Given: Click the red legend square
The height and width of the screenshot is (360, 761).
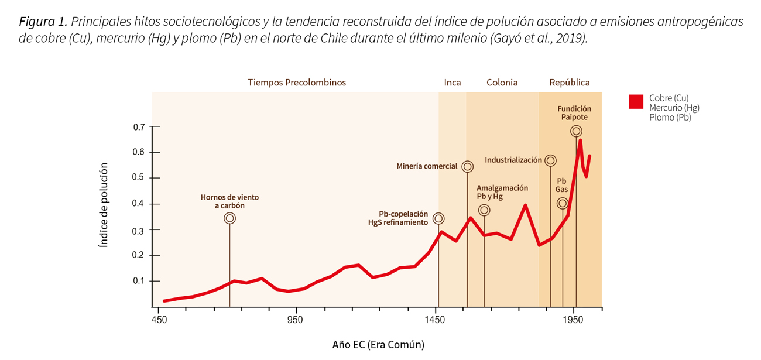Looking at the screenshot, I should [636, 101].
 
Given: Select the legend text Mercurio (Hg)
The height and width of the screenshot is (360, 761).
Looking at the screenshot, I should [674, 108].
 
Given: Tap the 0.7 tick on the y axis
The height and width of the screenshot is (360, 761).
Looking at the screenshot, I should [139, 126].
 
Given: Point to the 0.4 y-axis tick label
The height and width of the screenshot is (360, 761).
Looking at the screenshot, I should [139, 204].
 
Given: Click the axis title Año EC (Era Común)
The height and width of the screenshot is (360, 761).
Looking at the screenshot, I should [378, 345].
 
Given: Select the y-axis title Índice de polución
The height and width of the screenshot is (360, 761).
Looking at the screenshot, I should [104, 205].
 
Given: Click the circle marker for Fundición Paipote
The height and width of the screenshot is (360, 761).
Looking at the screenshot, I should [576, 131].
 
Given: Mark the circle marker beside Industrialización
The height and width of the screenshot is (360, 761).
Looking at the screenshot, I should [550, 160].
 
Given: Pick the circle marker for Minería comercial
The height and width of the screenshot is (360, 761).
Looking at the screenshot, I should [467, 166].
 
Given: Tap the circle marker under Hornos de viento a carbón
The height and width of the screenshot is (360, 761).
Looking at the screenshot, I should [229, 218].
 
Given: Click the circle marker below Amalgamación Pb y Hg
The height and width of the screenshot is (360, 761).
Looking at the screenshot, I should [484, 210].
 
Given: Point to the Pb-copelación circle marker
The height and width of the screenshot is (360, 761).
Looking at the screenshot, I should [438, 218].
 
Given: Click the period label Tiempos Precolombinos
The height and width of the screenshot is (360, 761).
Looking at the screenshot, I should [296, 83].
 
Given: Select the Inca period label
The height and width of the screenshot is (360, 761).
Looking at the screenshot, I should [452, 83].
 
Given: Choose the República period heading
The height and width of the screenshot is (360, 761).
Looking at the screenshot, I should [569, 83].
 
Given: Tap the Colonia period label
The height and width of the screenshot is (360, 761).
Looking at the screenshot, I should [502, 83].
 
